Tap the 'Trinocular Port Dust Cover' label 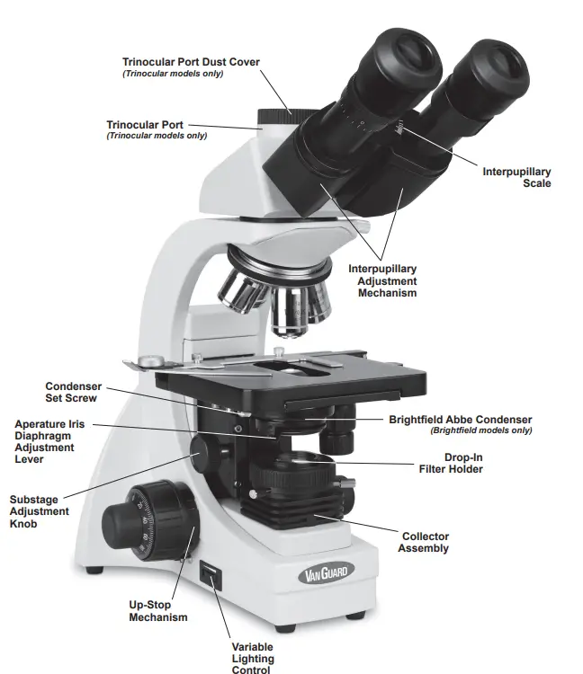191,62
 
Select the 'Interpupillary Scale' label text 516,177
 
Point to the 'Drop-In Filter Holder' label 451,463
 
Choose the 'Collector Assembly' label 425,542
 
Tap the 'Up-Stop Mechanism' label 158,611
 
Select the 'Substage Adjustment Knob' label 40,511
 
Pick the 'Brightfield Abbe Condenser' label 460,420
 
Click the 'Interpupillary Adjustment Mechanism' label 382,280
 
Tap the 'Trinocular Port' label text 146,124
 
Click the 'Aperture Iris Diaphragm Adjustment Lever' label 45,441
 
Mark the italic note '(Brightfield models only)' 480,430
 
